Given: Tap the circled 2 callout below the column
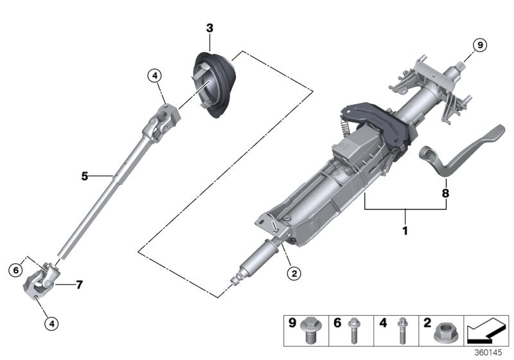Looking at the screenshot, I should click(294, 273).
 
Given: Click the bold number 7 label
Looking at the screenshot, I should click(79, 284).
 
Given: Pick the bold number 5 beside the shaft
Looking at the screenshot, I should click(84, 175).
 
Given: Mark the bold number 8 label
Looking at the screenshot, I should click(445, 192).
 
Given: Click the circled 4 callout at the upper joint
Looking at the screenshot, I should click(154, 76).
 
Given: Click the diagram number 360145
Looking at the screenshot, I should click(490, 354).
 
